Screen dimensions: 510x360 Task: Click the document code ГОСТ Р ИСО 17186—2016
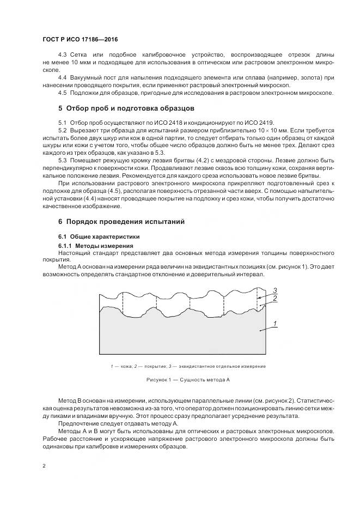[x=80, y=40]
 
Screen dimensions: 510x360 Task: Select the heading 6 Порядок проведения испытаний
[x=121, y=222]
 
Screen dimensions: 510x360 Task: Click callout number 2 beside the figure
[x=276, y=299]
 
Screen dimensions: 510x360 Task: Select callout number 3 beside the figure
[x=276, y=290]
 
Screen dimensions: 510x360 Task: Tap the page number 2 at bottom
[x=44, y=465]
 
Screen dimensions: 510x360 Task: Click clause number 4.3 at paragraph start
[x=62, y=56]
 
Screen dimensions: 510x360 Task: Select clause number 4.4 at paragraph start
[x=62, y=77]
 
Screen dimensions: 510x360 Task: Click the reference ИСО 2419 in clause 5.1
[x=260, y=123]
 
